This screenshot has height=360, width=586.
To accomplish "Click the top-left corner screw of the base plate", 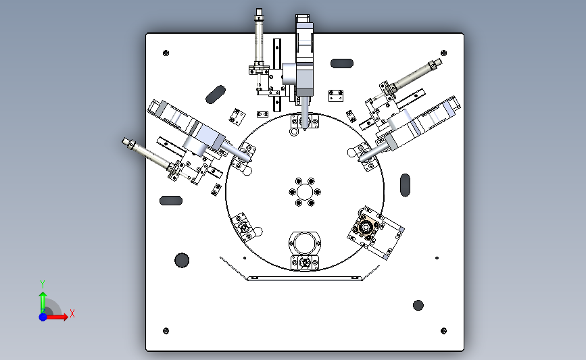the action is [166, 53].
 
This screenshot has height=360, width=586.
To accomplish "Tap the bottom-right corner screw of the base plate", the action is [443, 331].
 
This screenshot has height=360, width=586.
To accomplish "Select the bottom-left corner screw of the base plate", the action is [166, 331].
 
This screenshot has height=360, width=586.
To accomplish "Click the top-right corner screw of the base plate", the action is [443, 53].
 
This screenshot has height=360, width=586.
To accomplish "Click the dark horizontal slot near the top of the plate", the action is [342, 63].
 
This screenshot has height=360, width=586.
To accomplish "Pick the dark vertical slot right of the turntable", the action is [405, 185].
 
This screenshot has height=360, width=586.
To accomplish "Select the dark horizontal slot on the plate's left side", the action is [171, 201].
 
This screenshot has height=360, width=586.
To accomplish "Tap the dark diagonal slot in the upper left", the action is [216, 95].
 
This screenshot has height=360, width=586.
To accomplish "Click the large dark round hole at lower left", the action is [182, 260].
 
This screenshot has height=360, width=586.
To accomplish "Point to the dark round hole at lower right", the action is [418, 305].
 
